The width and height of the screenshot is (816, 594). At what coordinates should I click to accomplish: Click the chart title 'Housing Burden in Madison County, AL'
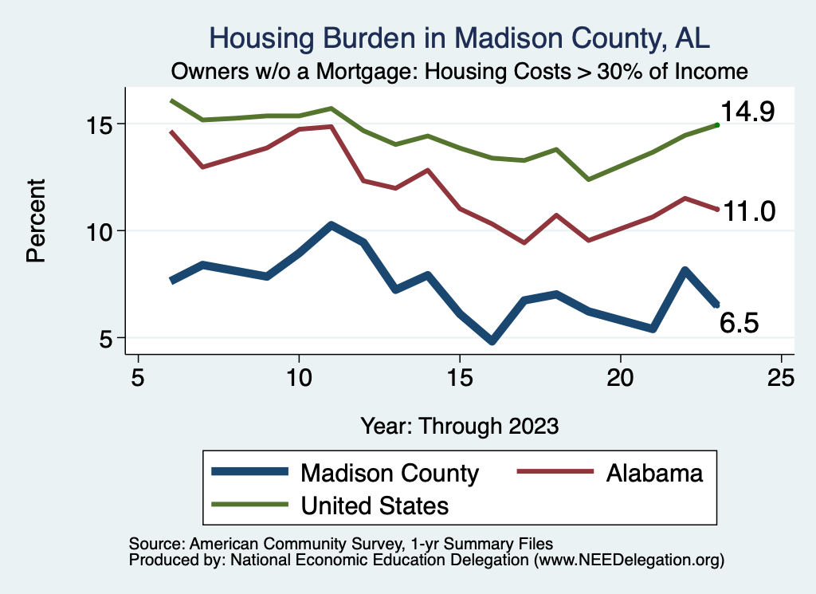[458, 38]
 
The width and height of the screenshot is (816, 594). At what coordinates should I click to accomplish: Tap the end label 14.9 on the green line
[747, 112]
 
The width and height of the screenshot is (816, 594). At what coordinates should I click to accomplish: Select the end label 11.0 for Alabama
[747, 211]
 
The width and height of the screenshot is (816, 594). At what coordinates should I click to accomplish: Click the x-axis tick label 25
[781, 377]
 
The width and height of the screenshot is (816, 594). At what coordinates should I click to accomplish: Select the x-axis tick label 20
[620, 377]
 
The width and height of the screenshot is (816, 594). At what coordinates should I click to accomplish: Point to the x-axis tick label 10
[299, 377]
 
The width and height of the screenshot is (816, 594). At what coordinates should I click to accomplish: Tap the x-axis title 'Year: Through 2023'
[459, 425]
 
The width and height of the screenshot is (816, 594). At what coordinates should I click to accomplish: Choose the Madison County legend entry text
[389, 473]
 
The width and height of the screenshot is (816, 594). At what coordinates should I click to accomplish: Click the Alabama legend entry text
[654, 473]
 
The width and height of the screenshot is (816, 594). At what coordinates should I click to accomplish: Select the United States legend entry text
[375, 505]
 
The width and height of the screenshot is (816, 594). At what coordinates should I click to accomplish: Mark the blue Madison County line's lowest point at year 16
[492, 340]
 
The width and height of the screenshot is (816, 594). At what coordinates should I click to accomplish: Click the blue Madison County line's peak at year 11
[331, 226]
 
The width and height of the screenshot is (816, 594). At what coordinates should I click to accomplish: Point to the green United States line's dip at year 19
[588, 179]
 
